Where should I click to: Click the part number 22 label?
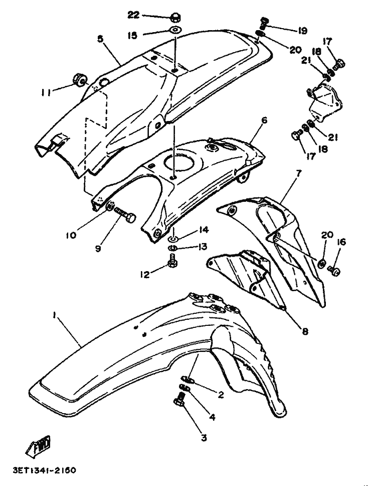133,15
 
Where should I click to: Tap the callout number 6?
264,120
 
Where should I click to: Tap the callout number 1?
55,315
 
